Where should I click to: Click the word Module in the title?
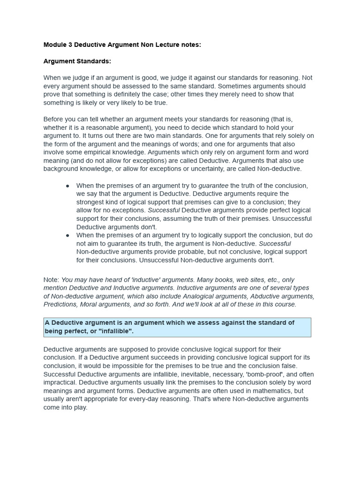coord(55,45)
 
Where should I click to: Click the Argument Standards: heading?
coord(77,61)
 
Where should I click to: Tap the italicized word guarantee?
coord(213,186)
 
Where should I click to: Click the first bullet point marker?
coord(67,186)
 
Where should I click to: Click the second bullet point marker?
coord(67,235)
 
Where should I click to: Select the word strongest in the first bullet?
coord(91,202)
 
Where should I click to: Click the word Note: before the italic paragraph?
coord(52,280)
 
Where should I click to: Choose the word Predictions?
coord(61,304)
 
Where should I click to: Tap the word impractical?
coord(60,382)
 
